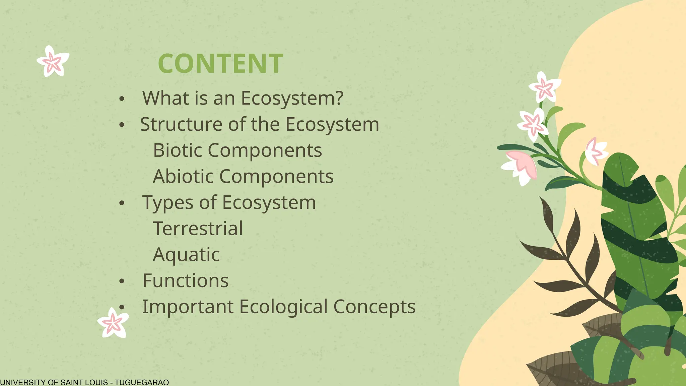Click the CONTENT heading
pos(220,64)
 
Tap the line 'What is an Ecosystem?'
pos(243,98)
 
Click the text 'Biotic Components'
pos(237,150)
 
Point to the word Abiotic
pos(183,176)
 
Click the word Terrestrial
pos(198,229)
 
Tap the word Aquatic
pos(186,255)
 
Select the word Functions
pos(186,281)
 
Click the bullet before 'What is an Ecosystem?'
pos(122,99)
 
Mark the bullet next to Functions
pos(122,281)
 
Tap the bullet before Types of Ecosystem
pos(122,203)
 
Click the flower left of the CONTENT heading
pos(53,62)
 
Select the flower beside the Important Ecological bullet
pos(113,323)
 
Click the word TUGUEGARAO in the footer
pos(142,382)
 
